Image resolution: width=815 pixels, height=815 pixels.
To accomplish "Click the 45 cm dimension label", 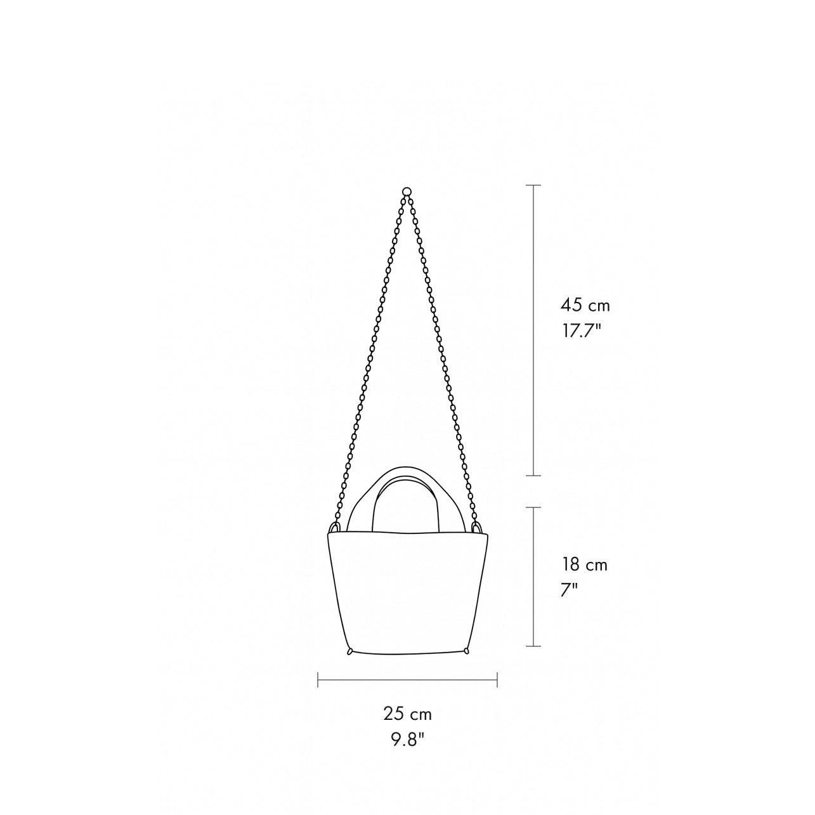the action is pyautogui.click(x=585, y=305).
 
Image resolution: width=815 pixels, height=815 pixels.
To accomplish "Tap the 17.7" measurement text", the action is pyautogui.click(x=581, y=330).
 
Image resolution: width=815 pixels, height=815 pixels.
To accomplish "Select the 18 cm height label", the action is pyautogui.click(x=585, y=564).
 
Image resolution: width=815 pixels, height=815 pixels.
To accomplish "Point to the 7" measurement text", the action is pyautogui.click(x=570, y=590).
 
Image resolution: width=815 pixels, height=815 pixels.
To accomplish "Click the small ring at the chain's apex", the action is pyautogui.click(x=407, y=191).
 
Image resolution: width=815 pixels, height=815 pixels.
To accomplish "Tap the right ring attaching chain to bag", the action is pyautogui.click(x=477, y=528).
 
